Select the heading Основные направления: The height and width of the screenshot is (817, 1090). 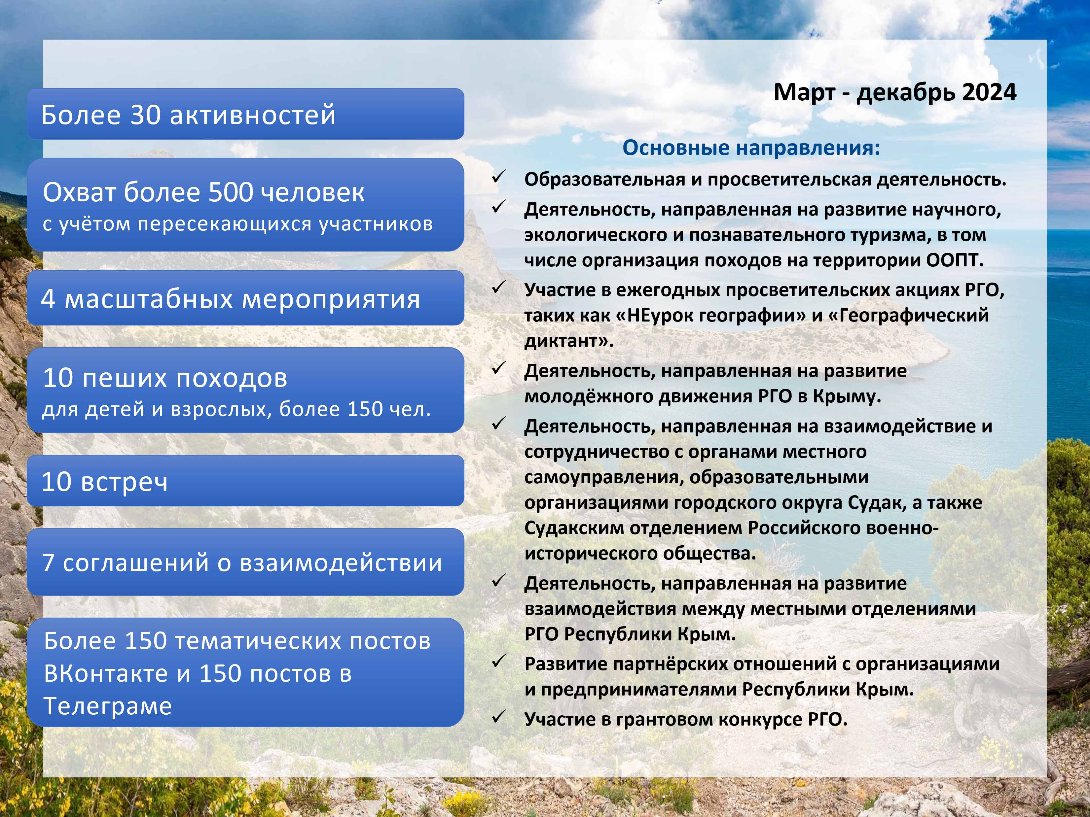click(751, 148)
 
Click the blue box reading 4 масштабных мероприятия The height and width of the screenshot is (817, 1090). click(245, 298)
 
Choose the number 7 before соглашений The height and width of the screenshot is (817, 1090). click(48, 563)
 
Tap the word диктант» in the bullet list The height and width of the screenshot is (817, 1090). click(569, 341)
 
